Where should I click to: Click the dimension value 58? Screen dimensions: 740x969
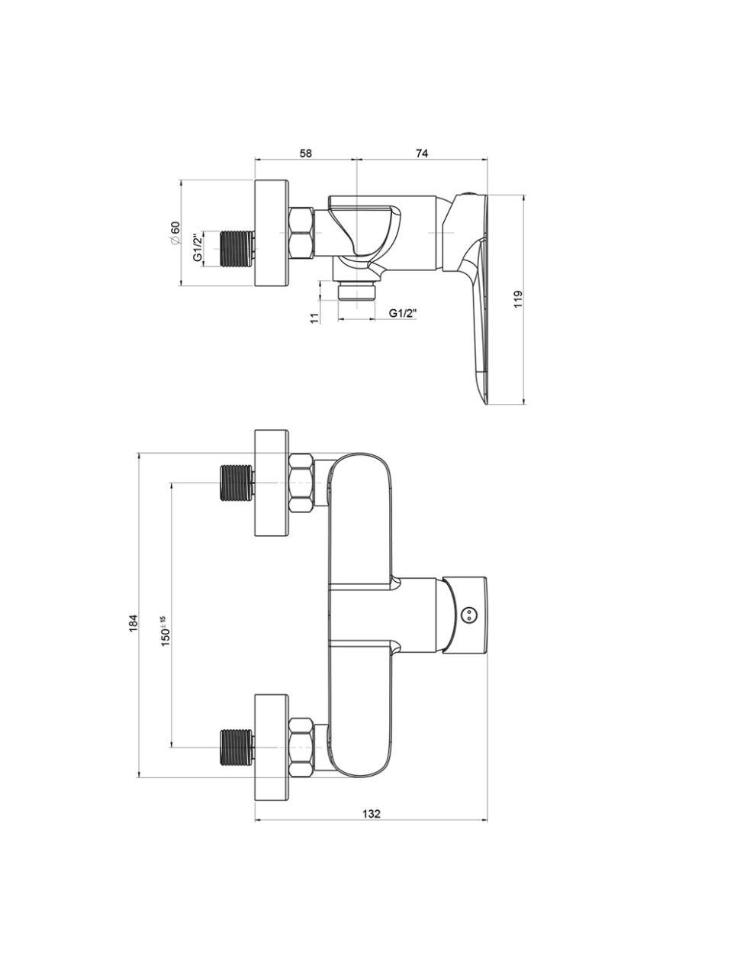(x=306, y=153)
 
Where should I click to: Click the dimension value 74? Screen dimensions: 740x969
(x=422, y=153)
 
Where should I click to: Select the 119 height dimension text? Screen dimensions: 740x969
(x=518, y=299)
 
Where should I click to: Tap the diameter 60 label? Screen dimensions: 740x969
(x=175, y=232)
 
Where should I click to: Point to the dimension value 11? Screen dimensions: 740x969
(x=314, y=318)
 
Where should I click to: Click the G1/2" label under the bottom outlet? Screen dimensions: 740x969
(x=403, y=313)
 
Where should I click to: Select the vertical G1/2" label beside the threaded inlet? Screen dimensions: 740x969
(x=198, y=247)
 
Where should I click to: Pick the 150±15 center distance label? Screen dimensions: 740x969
(x=166, y=631)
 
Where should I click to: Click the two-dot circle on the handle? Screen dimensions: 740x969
(x=468, y=614)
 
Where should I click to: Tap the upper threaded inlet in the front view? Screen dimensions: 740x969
(x=237, y=483)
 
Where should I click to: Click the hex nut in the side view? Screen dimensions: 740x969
(x=301, y=233)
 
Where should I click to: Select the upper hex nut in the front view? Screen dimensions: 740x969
(x=301, y=483)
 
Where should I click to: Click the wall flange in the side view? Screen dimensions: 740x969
(x=272, y=233)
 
